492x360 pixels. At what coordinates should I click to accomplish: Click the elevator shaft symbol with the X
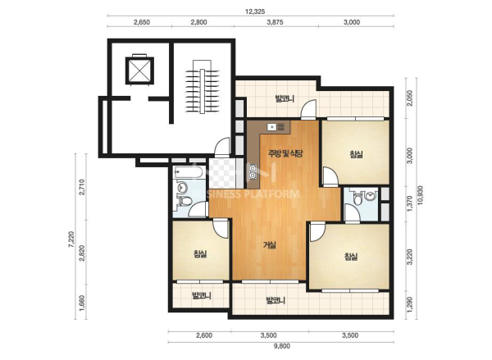(139, 71)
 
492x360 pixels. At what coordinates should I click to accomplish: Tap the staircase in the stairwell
(202, 87)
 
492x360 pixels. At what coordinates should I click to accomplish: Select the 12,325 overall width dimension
(255, 11)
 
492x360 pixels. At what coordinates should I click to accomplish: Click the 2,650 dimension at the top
(142, 22)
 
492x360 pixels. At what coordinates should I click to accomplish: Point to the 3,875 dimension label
(275, 22)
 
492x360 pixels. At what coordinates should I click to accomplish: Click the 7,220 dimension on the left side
(71, 239)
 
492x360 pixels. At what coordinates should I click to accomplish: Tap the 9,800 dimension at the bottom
(282, 346)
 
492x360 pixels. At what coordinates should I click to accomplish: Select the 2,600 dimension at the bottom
(204, 335)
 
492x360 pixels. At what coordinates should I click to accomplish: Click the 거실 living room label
(270, 245)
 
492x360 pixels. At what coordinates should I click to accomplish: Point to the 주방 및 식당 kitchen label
(285, 153)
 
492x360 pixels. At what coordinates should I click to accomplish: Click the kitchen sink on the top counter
(271, 127)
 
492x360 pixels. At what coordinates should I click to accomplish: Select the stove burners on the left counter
(253, 171)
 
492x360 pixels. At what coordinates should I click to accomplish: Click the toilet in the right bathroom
(358, 198)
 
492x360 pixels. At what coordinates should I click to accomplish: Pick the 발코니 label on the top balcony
(285, 99)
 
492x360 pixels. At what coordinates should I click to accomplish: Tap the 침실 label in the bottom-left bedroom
(200, 253)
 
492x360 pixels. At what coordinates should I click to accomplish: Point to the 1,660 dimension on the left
(82, 303)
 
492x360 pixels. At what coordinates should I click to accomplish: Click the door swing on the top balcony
(309, 109)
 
